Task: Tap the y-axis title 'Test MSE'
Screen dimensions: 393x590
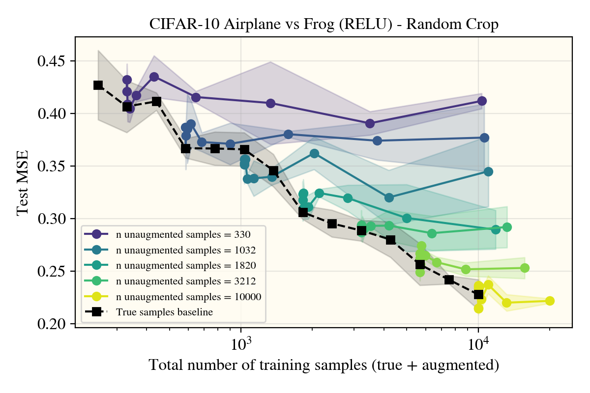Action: pos(23,189)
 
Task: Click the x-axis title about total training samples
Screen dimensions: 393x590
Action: pos(324,365)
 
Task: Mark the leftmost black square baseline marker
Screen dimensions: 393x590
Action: pos(98,85)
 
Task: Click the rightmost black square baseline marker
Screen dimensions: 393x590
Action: pos(478,294)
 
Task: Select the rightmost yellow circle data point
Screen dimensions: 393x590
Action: pos(550,301)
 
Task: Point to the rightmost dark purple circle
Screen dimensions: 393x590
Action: pos(482,101)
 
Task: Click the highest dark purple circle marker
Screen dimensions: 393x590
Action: pos(154,77)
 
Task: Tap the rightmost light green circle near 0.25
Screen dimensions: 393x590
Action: pos(525,268)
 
